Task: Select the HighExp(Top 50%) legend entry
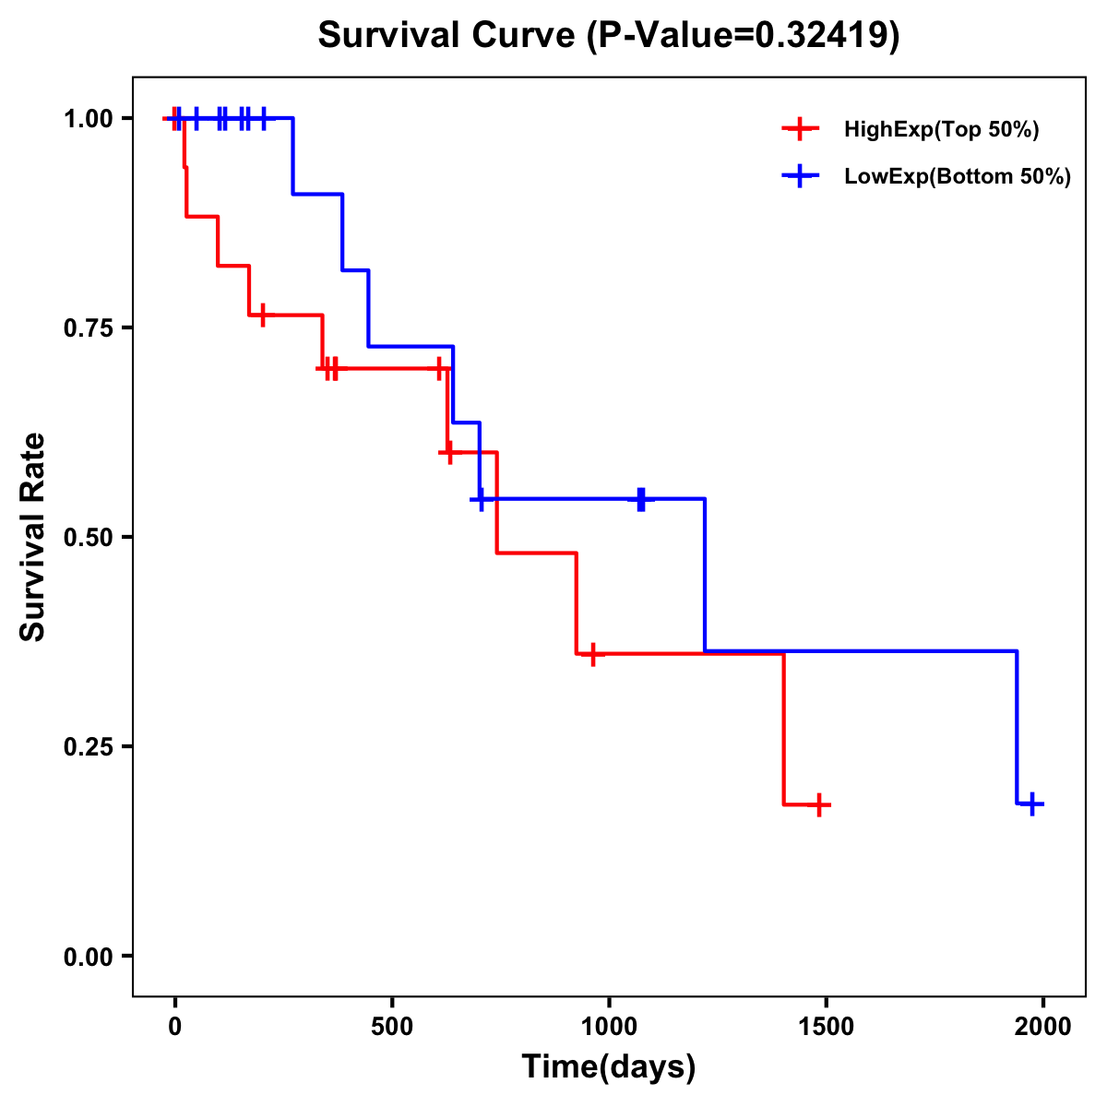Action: coord(941,130)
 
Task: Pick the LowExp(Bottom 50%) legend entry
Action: coord(957,177)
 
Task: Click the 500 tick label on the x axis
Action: coord(392,1026)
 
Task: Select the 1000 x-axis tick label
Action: coord(609,1026)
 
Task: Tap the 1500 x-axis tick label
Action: coord(826,1026)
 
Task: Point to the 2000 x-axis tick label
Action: coord(1043,1026)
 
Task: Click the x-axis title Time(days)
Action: coord(609,1067)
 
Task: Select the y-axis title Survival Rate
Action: coord(33,537)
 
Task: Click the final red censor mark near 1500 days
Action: coord(818,804)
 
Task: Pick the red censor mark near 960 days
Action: coord(592,653)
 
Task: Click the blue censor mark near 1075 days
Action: coord(641,499)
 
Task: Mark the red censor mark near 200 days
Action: coord(263,315)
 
